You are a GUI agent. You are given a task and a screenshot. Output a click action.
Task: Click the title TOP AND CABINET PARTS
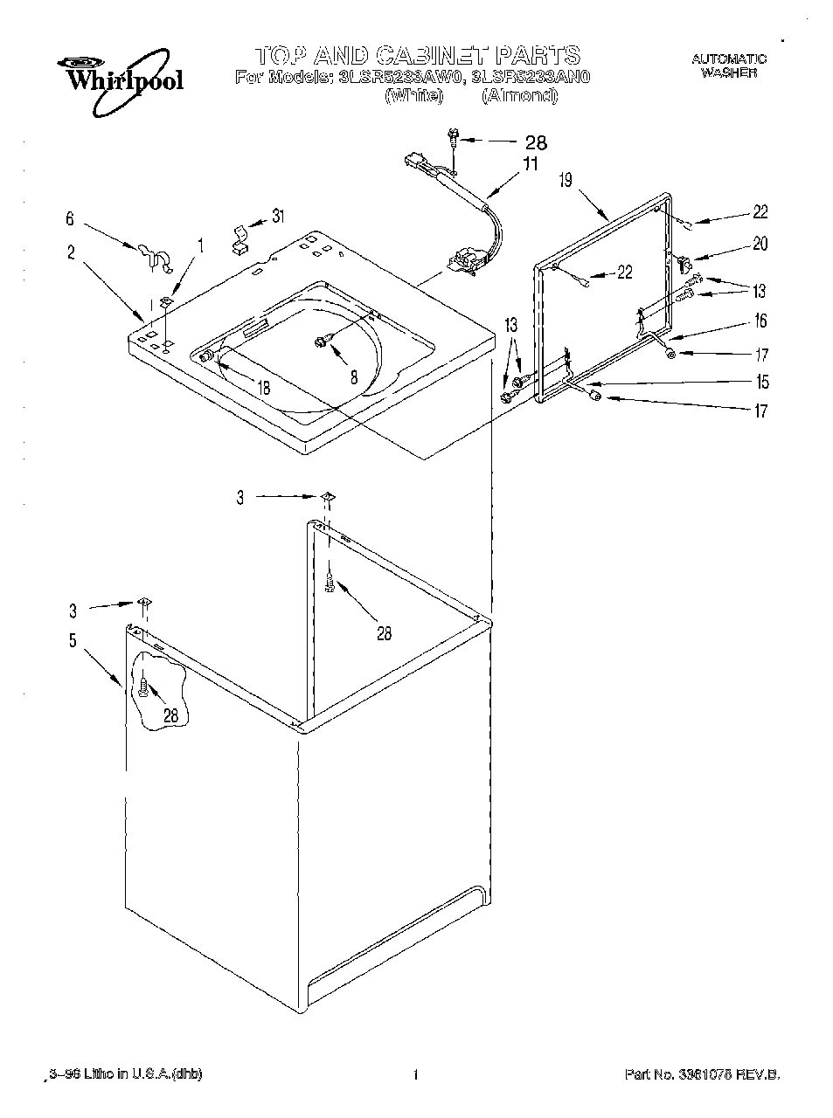[x=417, y=57]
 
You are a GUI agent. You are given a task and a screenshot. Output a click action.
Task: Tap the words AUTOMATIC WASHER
[x=728, y=66]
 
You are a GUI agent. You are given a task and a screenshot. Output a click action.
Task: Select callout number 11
[x=531, y=164]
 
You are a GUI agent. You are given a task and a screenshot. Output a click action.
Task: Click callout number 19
[x=566, y=181]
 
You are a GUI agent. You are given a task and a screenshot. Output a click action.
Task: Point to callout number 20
[x=760, y=244]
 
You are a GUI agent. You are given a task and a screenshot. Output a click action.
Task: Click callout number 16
[x=760, y=321]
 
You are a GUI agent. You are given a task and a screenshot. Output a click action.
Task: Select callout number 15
[x=761, y=382]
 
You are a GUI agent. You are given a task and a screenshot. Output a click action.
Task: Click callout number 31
[x=277, y=216]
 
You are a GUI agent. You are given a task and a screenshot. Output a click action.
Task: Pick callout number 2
[x=71, y=253]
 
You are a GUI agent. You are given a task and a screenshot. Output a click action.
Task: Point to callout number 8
[x=353, y=378]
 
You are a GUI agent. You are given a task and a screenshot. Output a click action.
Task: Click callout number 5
[x=73, y=640]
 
